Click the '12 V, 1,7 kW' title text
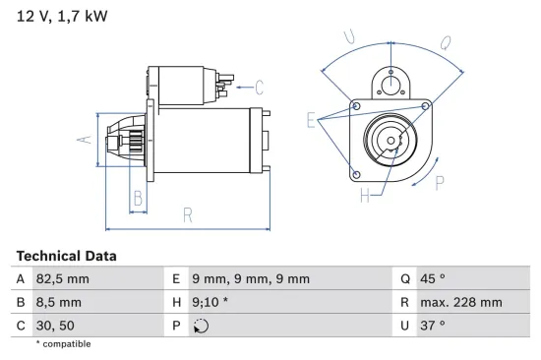61,16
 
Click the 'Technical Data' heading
66,256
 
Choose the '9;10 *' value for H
215,302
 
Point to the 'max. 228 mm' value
462,302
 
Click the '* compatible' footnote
63,344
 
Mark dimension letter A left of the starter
85,139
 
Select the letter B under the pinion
138,200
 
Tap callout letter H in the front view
365,197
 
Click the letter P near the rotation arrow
441,182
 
